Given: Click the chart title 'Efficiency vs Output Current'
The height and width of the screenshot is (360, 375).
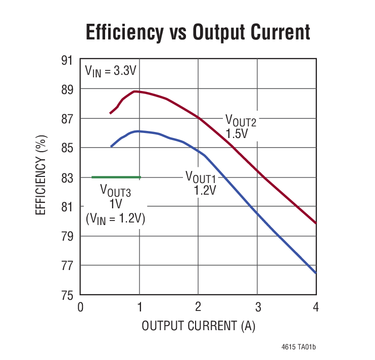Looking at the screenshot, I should click(198, 32).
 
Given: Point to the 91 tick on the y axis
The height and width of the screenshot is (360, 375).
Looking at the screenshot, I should click(67, 60).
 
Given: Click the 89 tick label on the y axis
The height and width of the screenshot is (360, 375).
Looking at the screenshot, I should click(67, 89).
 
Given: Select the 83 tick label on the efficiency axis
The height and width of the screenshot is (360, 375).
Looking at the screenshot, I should click(67, 177).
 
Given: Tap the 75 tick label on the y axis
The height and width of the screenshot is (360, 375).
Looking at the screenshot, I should click(67, 295).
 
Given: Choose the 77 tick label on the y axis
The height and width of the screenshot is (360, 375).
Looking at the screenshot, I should click(67, 265).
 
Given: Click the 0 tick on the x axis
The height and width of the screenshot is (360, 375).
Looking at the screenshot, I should click(80, 306).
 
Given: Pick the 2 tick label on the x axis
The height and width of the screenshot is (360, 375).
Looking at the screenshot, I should click(198, 306).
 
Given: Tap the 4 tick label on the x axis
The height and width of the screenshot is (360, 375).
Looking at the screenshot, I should click(316, 306).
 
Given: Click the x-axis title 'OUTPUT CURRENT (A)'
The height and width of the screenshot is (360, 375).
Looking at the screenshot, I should click(198, 326).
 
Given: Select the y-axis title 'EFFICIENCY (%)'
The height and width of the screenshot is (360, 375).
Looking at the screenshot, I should click(42, 175).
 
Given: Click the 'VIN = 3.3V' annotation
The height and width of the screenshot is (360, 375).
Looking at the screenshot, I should click(110, 71).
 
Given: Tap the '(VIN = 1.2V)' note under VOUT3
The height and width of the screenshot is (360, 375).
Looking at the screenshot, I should click(115, 218).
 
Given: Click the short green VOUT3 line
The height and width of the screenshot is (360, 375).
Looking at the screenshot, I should click(116, 177).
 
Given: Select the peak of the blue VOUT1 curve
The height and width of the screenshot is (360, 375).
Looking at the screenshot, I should click(137, 131).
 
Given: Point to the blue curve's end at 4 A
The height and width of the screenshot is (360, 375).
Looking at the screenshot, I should click(316, 273).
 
